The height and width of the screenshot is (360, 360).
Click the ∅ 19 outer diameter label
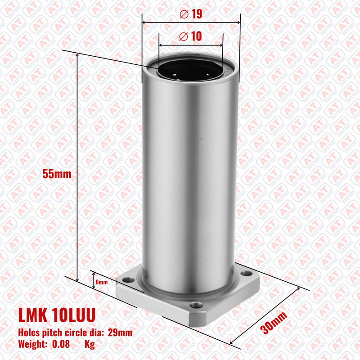tap(191, 14)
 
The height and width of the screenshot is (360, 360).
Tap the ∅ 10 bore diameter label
tap(190, 36)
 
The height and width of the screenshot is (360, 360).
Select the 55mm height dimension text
tap(57, 174)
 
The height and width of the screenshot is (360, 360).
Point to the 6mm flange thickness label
tap(102, 282)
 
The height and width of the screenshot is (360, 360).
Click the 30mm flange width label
tap(274, 323)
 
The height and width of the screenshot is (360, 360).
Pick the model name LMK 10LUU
tap(57, 315)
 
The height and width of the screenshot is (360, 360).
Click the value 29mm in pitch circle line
tap(120, 333)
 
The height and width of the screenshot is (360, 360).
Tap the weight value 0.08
tap(61, 344)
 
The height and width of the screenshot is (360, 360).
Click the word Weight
tap(33, 344)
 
